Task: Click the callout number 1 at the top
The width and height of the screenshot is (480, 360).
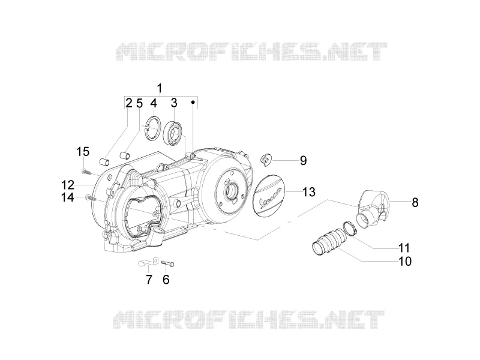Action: click(159, 88)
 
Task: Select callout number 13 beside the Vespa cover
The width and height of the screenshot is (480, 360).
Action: click(309, 192)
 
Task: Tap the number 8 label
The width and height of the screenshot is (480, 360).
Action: click(415, 202)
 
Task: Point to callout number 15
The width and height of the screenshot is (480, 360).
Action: click(83, 152)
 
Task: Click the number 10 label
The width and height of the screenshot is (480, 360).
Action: click(405, 261)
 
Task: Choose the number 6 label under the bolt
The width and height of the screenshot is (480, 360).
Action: click(166, 280)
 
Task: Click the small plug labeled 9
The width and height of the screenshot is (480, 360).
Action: click(265, 160)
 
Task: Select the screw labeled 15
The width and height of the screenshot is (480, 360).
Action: click(86, 172)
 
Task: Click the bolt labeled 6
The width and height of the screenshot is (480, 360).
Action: click(168, 262)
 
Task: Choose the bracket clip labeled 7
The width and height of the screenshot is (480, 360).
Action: click(148, 261)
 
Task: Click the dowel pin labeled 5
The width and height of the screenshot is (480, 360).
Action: click(125, 155)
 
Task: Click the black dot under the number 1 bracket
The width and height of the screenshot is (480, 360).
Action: click(193, 101)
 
